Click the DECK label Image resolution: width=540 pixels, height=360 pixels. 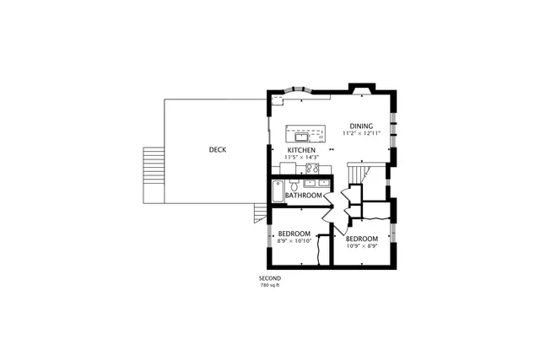(x=217, y=150)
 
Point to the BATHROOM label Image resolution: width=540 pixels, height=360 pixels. (x=303, y=196)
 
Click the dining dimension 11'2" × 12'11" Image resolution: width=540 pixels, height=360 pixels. (x=362, y=133)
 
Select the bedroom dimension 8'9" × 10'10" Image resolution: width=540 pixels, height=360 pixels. (x=294, y=240)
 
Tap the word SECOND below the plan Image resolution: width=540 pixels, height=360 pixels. (x=270, y=278)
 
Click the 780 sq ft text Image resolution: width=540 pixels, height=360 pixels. (x=270, y=285)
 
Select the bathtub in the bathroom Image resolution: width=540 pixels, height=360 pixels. (x=278, y=191)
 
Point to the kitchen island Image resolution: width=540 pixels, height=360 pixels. (x=305, y=133)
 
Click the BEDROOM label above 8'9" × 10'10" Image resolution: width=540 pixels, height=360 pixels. (x=294, y=234)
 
